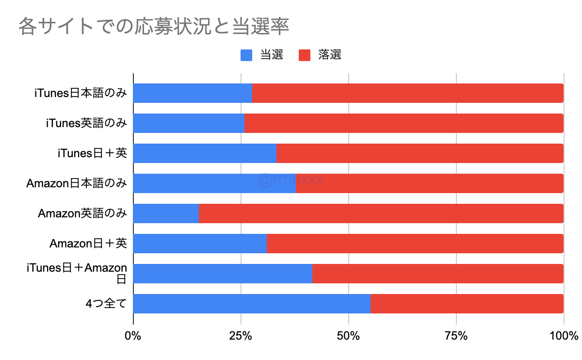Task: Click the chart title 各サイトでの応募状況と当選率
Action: coord(154,27)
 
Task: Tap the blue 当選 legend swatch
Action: coord(246,55)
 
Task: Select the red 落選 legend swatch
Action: coord(304,55)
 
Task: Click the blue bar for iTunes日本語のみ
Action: coord(193,93)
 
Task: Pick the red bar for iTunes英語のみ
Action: coord(404,123)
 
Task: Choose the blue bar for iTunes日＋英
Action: coord(205,153)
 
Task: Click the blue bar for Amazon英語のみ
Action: coord(166,213)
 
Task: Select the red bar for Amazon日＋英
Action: coord(415,244)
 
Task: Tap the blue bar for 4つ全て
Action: coord(252,304)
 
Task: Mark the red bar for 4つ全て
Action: coord(467,304)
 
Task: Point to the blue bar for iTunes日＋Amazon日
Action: coord(223,274)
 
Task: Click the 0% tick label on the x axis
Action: coord(133,336)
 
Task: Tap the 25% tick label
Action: coord(241,336)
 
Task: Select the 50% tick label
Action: coord(348,336)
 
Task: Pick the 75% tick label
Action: coord(456,336)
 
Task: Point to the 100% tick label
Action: coord(564,336)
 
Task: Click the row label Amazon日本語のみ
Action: coord(77,183)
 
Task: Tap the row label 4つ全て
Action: coord(106,304)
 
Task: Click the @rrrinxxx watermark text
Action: coord(291,180)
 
